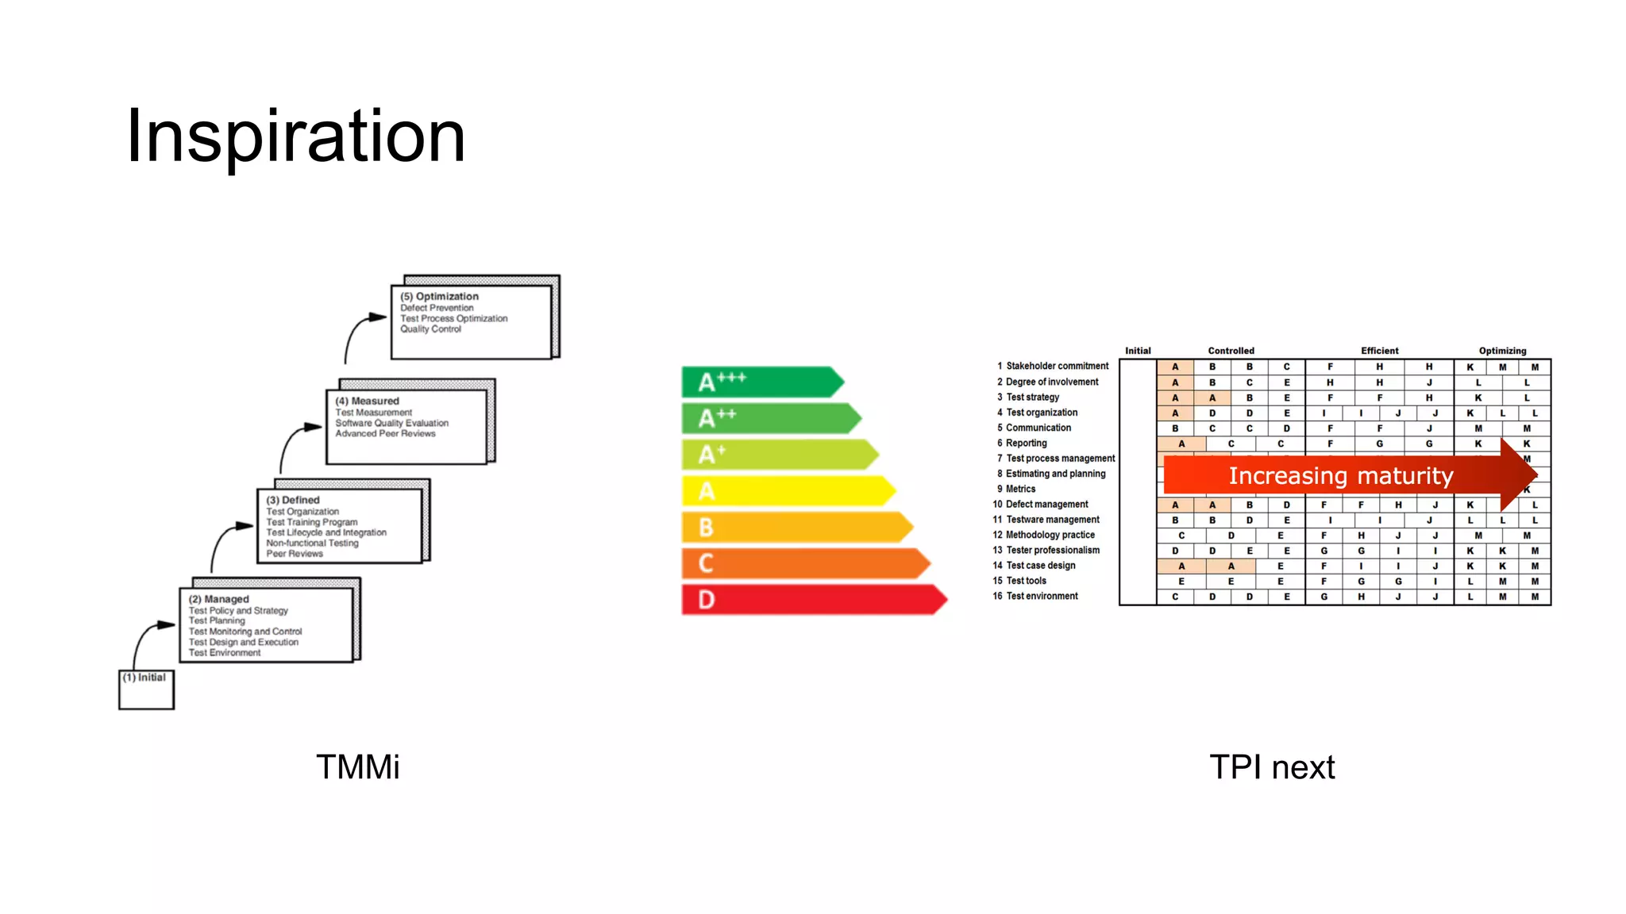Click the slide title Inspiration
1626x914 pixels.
pyautogui.click(x=295, y=136)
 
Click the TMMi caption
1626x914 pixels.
pyautogui.click(x=357, y=767)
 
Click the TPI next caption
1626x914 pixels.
pyautogui.click(x=1271, y=767)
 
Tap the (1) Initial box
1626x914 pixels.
pyautogui.click(x=146, y=689)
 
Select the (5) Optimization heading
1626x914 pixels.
pyautogui.click(x=439, y=296)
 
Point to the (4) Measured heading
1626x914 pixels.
pyautogui.click(x=367, y=401)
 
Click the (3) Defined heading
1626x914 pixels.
pyautogui.click(x=293, y=500)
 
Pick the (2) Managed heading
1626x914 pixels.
pyautogui.click(x=219, y=599)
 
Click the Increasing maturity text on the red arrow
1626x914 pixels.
pyautogui.click(x=1340, y=475)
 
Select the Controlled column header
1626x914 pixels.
pyautogui.click(x=1231, y=351)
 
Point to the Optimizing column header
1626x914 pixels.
pyautogui.click(x=1502, y=351)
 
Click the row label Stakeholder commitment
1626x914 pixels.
pyautogui.click(x=1057, y=366)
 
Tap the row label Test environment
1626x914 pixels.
pyautogui.click(x=1042, y=596)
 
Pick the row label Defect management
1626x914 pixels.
pyautogui.click(x=1046, y=504)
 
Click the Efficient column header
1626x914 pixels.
pyautogui.click(x=1379, y=351)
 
